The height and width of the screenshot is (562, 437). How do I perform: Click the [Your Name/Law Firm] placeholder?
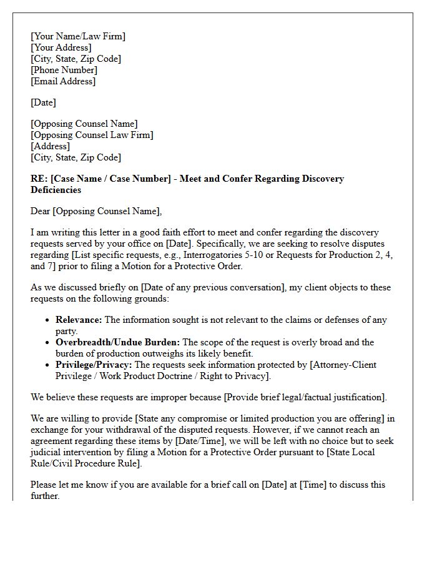tap(78, 36)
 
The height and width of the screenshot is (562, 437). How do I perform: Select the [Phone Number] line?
tap(64, 70)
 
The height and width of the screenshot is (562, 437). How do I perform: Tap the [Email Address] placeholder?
tap(63, 81)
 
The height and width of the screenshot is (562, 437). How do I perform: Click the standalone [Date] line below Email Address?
tap(43, 102)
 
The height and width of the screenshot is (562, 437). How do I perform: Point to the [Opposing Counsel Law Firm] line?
tap(92, 135)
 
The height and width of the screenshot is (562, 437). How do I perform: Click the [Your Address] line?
tap(61, 47)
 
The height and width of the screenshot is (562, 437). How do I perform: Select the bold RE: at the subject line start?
tap(39, 179)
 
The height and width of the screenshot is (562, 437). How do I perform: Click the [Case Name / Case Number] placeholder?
tap(110, 179)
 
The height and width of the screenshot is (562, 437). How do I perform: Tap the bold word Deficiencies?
tap(56, 190)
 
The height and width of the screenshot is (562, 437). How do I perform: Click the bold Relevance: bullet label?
tap(79, 320)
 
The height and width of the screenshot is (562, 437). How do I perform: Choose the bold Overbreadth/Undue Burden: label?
tap(117, 342)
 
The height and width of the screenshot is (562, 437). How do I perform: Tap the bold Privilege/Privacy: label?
tap(94, 365)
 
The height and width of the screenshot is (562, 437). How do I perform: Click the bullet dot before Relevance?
tap(48, 320)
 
